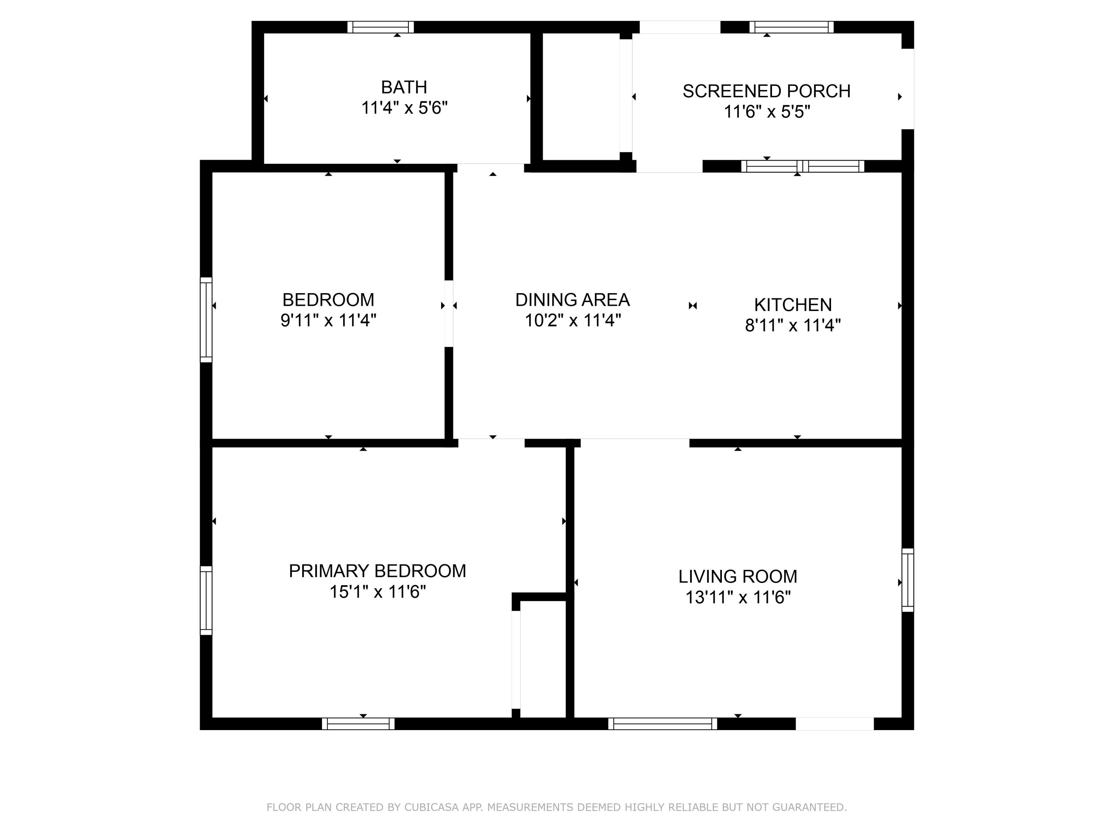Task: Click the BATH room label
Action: click(x=404, y=87)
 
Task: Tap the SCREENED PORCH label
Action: click(x=766, y=91)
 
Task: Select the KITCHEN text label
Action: click(x=793, y=305)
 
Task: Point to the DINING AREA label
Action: click(x=573, y=300)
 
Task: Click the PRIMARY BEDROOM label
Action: click(x=377, y=571)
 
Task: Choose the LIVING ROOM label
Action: click(x=738, y=577)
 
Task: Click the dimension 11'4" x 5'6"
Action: click(x=404, y=108)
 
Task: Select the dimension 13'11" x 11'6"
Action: click(x=738, y=597)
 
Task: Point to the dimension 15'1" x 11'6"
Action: click(x=378, y=592)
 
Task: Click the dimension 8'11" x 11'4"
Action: click(x=793, y=325)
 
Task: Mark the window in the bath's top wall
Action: click(x=381, y=27)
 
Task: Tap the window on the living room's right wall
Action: click(x=908, y=580)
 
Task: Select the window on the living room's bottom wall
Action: click(x=663, y=724)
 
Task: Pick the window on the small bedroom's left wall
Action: click(x=206, y=320)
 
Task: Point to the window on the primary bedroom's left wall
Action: click(x=206, y=600)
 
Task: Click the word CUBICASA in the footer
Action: click(x=431, y=807)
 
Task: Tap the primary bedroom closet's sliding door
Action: click(x=516, y=660)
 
